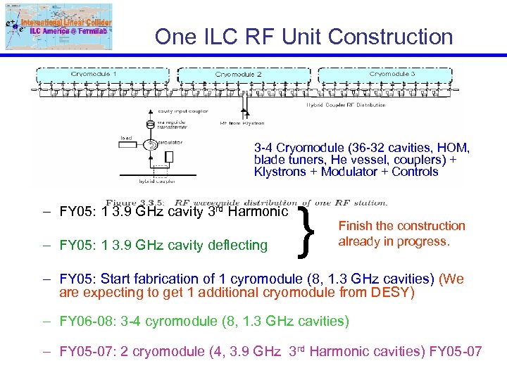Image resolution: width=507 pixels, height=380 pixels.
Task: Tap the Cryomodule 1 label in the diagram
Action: (94, 74)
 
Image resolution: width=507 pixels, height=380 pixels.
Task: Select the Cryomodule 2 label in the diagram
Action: (239, 74)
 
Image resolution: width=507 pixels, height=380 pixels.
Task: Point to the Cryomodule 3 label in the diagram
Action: (392, 74)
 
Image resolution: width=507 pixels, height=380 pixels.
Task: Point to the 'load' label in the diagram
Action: (127, 138)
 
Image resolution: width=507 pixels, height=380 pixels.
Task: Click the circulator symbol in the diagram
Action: (149, 145)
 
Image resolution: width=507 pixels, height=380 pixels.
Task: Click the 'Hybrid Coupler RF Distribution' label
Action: (346, 105)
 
